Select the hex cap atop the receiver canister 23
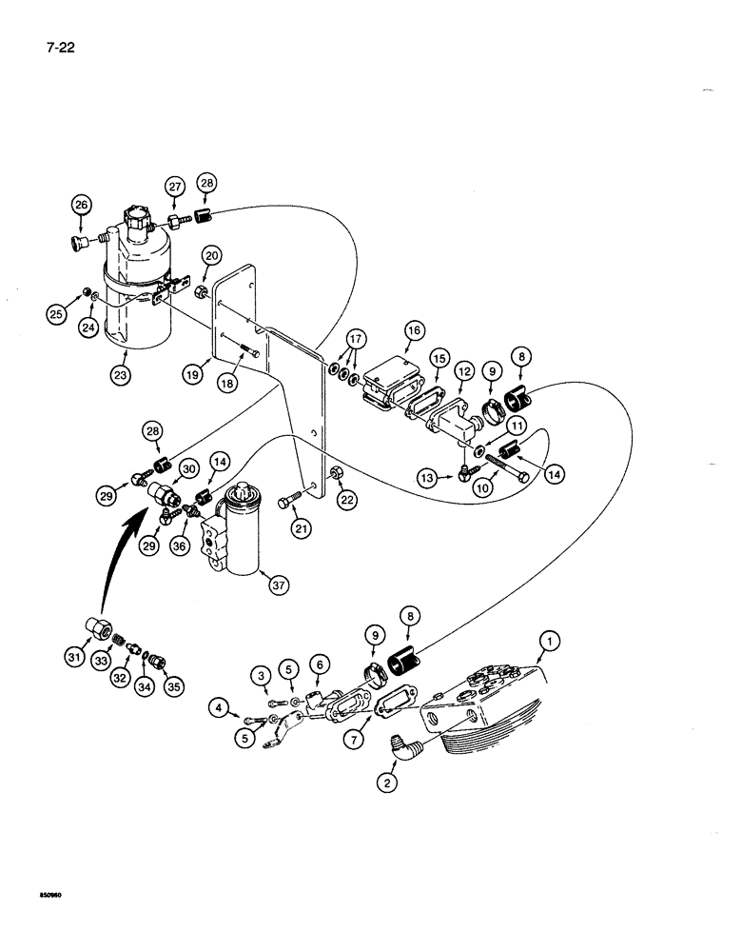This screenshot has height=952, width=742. coord(135,222)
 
